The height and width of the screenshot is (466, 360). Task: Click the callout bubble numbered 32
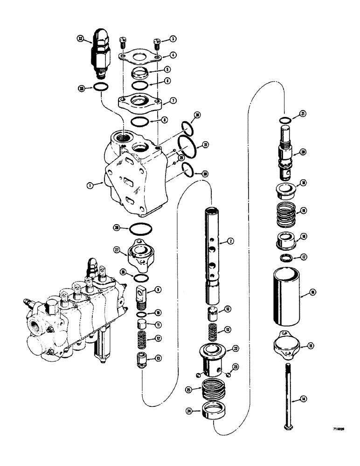click(81, 40)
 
